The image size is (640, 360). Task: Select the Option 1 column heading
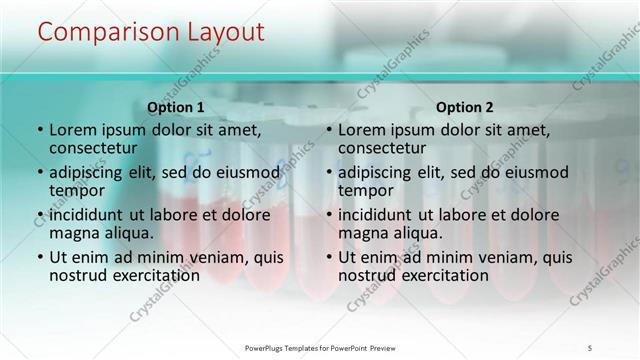tap(175, 107)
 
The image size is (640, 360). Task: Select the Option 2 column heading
tap(464, 107)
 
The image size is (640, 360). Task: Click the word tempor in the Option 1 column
tap(74, 191)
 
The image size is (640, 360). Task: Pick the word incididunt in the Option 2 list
tap(377, 215)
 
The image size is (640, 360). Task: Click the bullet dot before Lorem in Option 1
tap(40, 130)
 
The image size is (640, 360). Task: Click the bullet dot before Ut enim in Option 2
tap(329, 257)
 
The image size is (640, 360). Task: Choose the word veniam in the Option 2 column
tap(493, 257)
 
